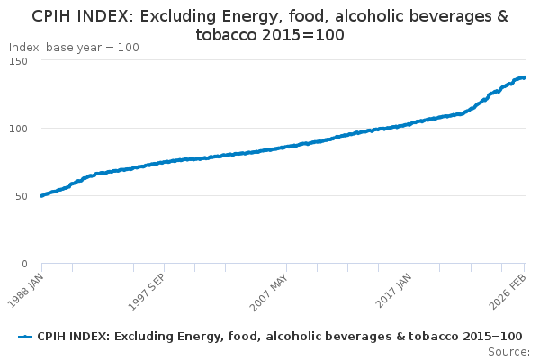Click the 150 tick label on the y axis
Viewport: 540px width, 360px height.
click(x=18, y=61)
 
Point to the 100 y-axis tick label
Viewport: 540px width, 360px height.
click(x=18, y=129)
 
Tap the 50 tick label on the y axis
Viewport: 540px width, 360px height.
click(x=22, y=196)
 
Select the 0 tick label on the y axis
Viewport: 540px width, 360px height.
click(x=24, y=264)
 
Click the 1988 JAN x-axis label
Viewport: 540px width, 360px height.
click(x=26, y=291)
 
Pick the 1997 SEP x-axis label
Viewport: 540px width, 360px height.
click(x=148, y=292)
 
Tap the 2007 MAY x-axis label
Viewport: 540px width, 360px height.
click(x=269, y=292)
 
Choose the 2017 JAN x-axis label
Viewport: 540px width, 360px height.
click(x=393, y=291)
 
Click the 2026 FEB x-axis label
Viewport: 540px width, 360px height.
click(x=508, y=292)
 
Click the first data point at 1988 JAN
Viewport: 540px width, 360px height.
click(x=42, y=195)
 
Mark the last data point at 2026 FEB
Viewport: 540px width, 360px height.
click(x=524, y=77)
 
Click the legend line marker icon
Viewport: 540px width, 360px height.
click(x=25, y=337)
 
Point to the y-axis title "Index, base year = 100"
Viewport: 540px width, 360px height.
click(x=74, y=48)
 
